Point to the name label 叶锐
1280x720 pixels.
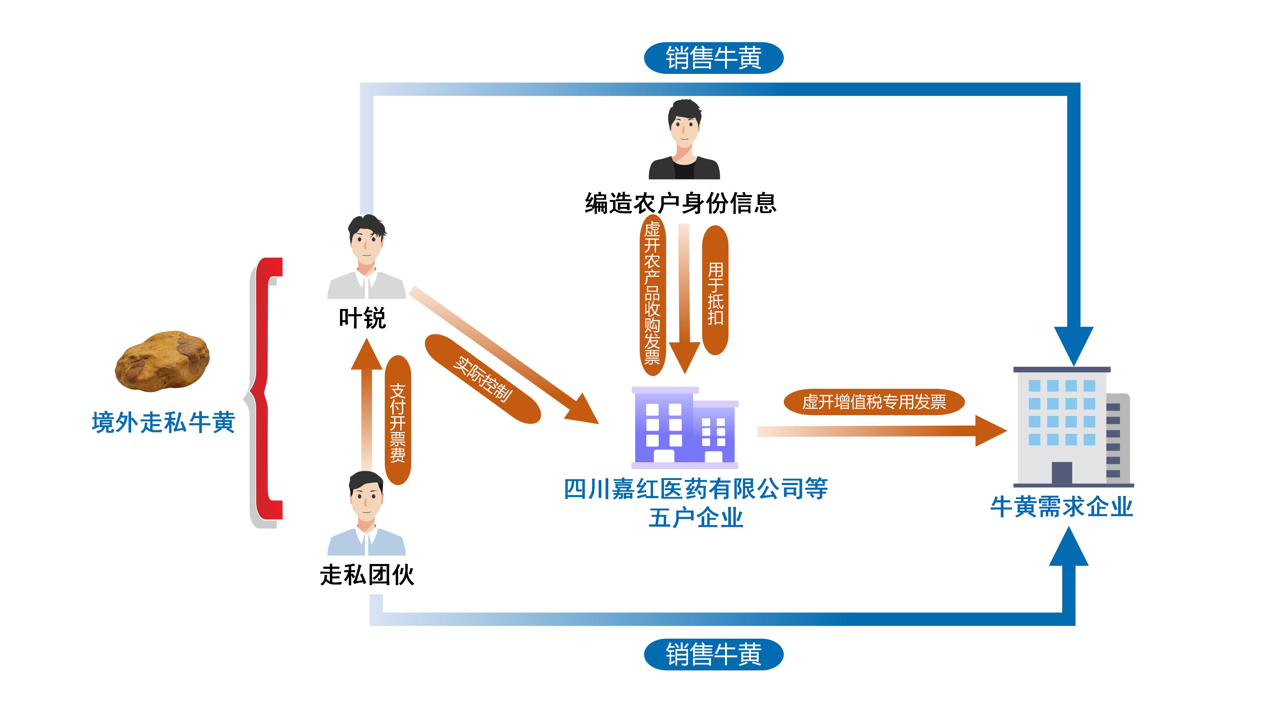[x=362, y=318]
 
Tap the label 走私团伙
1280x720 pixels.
[x=367, y=575]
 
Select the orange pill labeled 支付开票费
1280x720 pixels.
[x=398, y=420]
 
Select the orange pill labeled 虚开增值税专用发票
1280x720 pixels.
[x=874, y=402]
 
